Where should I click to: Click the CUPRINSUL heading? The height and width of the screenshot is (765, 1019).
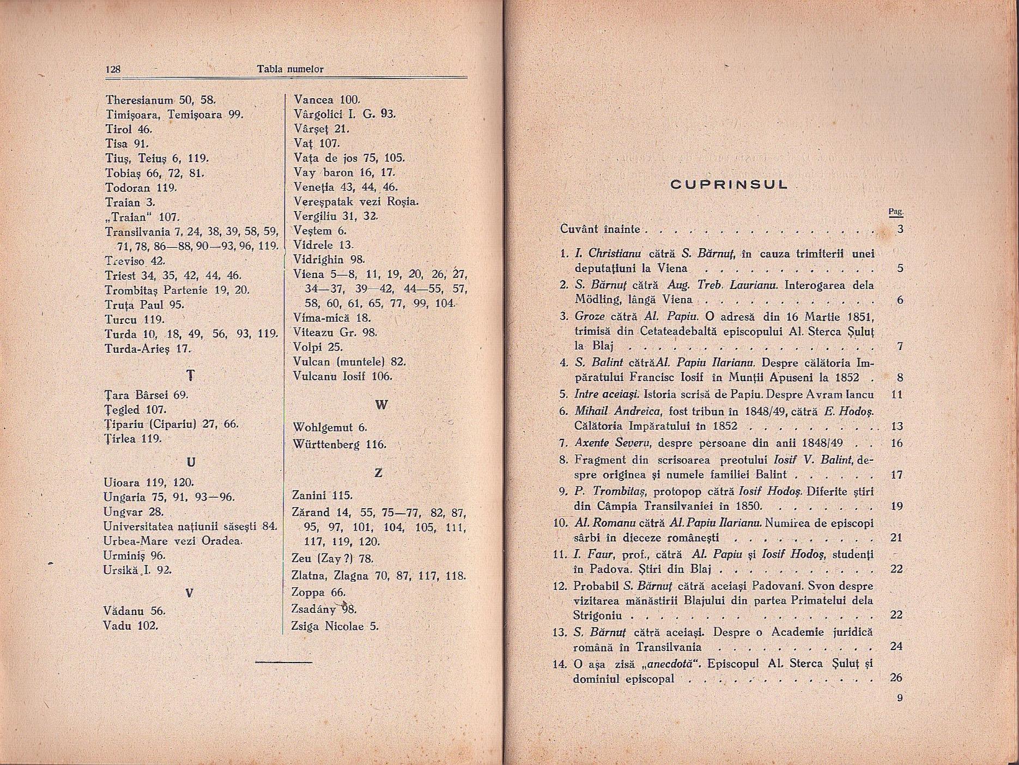(x=729, y=184)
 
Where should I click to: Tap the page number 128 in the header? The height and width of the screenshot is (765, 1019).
(x=113, y=69)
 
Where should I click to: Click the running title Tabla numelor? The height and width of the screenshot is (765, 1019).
(x=290, y=69)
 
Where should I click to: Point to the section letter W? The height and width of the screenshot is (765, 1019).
(x=381, y=405)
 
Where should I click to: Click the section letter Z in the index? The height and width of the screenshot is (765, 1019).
(x=378, y=473)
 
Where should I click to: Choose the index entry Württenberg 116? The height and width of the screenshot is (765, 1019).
(x=339, y=444)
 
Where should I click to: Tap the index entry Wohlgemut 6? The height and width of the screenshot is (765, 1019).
(x=330, y=428)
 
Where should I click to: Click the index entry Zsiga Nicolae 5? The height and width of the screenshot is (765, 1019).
(x=335, y=627)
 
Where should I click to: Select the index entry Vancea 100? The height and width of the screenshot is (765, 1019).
(x=326, y=100)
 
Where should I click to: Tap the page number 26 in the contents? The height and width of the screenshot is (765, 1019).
(x=896, y=678)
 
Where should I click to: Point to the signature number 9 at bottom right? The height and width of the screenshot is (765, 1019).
(x=899, y=698)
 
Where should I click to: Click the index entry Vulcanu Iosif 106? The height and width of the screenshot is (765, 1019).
(x=342, y=376)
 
